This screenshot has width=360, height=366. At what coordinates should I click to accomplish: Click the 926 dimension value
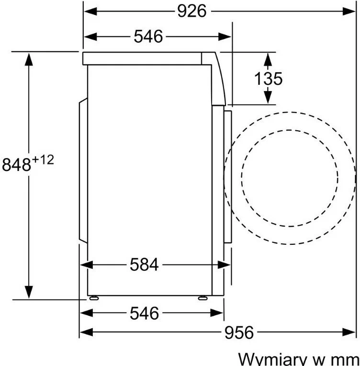coord(192,11)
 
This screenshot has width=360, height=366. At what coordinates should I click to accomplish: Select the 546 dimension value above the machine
coord(148,36)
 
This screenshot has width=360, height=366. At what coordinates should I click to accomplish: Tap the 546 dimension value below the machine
coord(144,313)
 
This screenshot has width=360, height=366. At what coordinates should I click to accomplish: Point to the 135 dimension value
coord(268,79)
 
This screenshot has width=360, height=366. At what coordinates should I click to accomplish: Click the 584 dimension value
coord(144,265)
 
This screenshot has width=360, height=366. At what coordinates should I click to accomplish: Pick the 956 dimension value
coord(239,332)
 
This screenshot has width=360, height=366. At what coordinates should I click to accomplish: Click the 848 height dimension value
coord(16,165)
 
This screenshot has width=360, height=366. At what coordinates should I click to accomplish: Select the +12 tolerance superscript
coord(43,160)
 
